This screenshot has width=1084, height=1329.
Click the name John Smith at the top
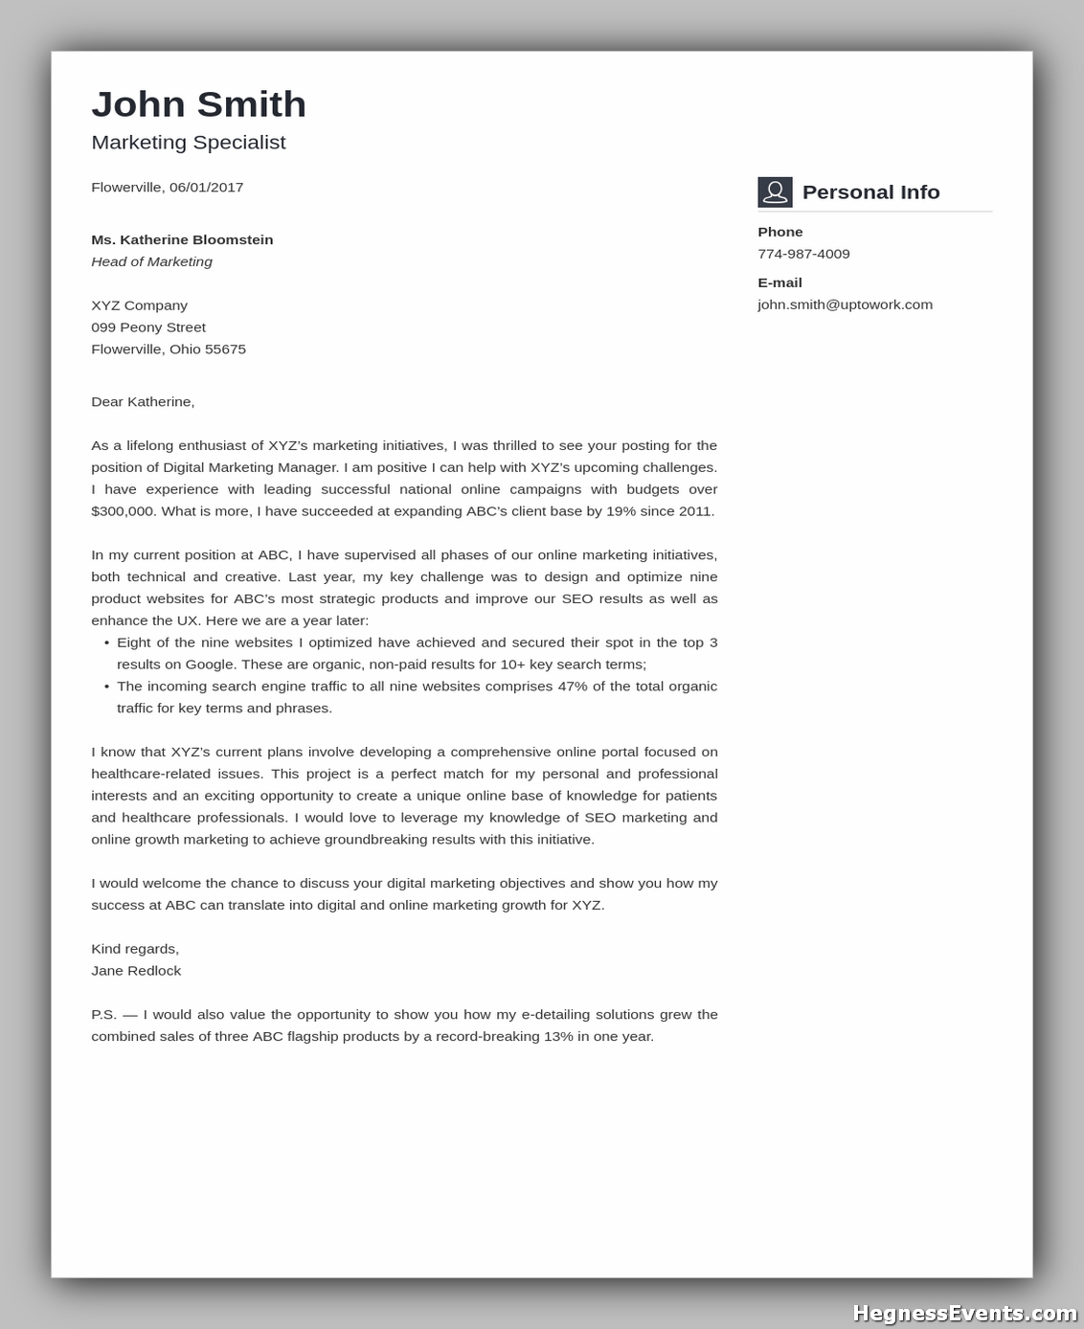(198, 104)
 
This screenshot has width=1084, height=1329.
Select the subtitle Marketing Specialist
(189, 143)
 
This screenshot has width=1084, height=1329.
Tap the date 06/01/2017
(206, 188)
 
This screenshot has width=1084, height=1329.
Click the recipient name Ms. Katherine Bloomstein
(182, 240)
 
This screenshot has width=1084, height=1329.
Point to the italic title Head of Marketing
(151, 262)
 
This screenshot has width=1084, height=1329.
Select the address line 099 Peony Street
(148, 327)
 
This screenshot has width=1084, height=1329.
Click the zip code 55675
(225, 349)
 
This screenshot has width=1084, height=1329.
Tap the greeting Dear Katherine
(143, 402)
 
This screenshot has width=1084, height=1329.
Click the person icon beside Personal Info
(775, 192)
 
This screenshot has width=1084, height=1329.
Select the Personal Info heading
(870, 192)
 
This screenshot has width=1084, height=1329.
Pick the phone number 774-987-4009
(803, 255)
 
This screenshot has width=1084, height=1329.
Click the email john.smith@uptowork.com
(845, 305)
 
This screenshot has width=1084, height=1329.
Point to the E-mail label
(779, 283)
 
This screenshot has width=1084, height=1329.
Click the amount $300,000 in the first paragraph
(123, 511)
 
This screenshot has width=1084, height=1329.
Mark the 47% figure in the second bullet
(572, 687)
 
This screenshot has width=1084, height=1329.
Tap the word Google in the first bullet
(210, 664)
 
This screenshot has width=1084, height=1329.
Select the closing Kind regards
(135, 949)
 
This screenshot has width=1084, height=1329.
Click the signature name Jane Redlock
(136, 971)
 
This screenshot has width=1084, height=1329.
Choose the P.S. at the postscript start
(103, 1015)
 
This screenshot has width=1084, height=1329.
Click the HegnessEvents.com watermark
(964, 1313)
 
